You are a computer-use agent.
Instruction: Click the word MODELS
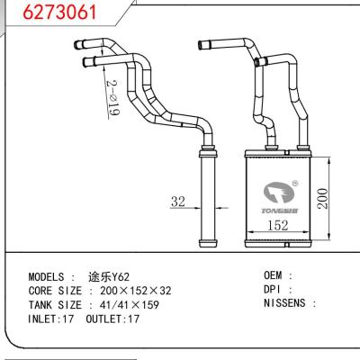point(49,277)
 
